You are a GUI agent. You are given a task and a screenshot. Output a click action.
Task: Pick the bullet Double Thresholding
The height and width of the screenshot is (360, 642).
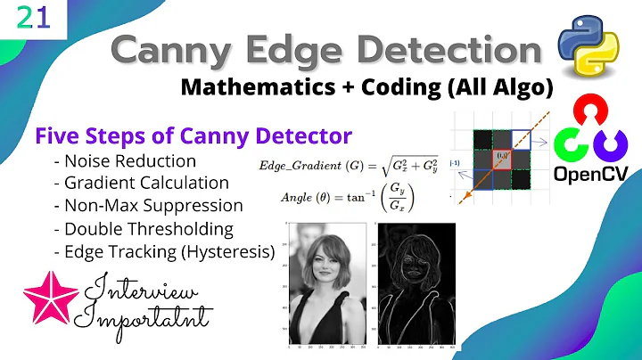pyautogui.click(x=146, y=228)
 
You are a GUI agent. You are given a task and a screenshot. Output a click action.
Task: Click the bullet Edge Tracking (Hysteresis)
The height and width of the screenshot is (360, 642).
pyautogui.click(x=165, y=250)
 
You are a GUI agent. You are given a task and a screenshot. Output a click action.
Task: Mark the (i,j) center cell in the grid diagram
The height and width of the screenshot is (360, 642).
pyautogui.click(x=503, y=160)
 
